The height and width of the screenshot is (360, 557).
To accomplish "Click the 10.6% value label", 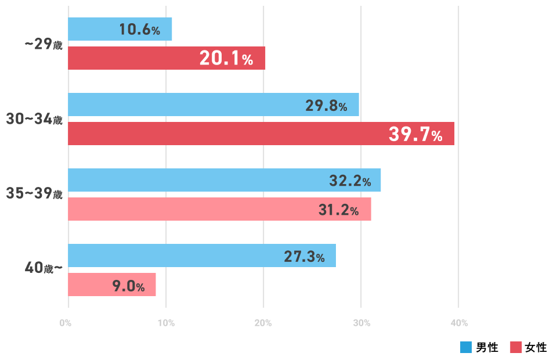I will pyautogui.click(x=139, y=30).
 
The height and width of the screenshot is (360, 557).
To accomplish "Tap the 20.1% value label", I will pyautogui.click(x=226, y=59).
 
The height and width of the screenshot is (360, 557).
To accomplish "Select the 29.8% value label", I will pyautogui.click(x=326, y=106).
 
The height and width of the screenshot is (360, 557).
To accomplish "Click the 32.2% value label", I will pyautogui.click(x=350, y=181).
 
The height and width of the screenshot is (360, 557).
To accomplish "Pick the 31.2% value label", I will pyautogui.click(x=339, y=210).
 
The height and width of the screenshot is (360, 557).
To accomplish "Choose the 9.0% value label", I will pyautogui.click(x=128, y=286).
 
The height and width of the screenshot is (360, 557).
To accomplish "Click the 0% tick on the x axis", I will pyautogui.click(x=66, y=323).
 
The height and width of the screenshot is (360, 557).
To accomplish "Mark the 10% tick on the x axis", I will pyautogui.click(x=166, y=323).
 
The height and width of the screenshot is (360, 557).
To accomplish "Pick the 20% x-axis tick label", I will pyautogui.click(x=263, y=323).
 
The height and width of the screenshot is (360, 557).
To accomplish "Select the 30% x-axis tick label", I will pyautogui.click(x=361, y=323).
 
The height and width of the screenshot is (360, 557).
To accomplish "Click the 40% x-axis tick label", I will pyautogui.click(x=459, y=323).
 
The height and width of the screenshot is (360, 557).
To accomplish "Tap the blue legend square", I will pyautogui.click(x=466, y=347).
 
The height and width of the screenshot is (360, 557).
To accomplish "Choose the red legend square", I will pyautogui.click(x=516, y=347).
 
